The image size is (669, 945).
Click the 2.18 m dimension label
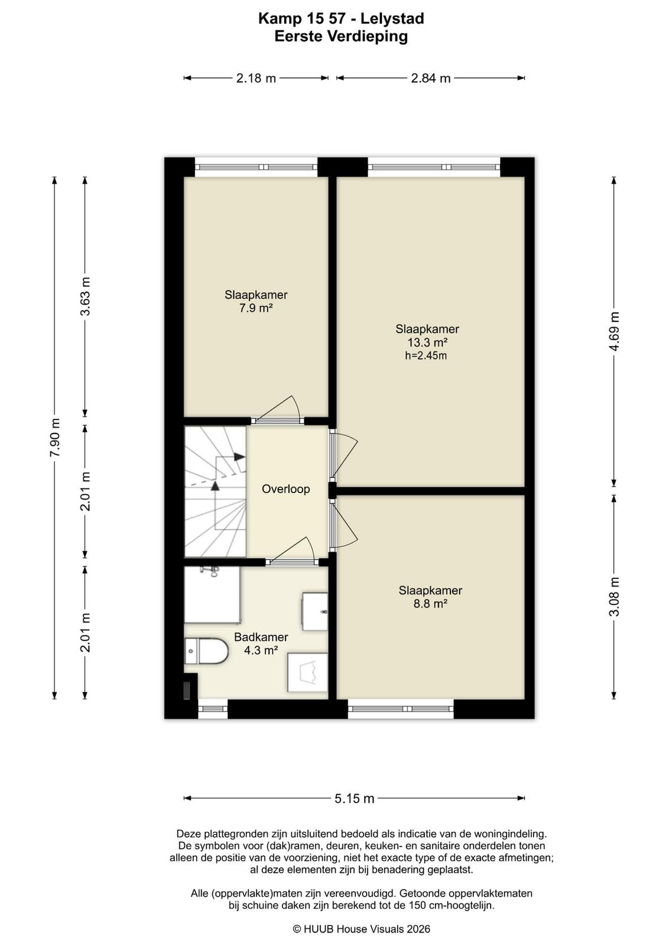point(256,78)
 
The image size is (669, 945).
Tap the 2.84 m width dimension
point(430,78)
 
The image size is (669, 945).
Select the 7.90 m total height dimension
point(54,438)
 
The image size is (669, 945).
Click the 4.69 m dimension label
point(614,331)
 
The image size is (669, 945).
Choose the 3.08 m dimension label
point(614,597)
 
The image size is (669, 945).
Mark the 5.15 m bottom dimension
point(355,798)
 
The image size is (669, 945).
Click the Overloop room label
point(286,489)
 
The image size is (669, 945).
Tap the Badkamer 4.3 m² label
point(261,643)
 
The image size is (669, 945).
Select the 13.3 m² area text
point(427,342)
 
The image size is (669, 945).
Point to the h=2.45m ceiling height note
point(426,356)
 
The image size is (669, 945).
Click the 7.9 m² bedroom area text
point(256,308)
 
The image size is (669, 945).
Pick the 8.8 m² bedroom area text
point(430,604)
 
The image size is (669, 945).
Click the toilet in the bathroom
point(206,651)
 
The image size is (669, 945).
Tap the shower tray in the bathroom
point(212,594)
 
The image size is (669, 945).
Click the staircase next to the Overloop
point(215,491)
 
